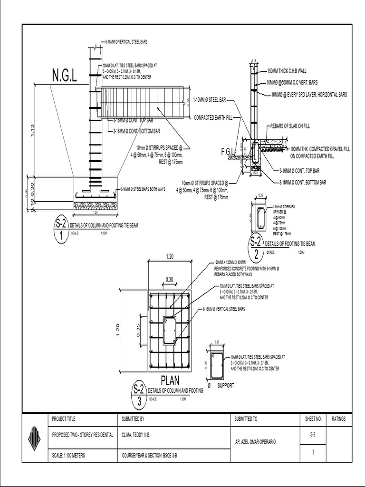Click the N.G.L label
point(65,75)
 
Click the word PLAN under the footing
point(170,381)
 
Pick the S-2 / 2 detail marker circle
point(256,247)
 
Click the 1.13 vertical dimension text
point(32,129)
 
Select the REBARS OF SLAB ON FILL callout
point(290,126)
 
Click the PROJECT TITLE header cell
point(64,419)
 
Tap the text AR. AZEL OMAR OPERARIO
point(256,442)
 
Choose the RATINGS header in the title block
point(339,419)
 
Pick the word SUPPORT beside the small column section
point(226,386)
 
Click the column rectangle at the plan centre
point(170,330)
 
